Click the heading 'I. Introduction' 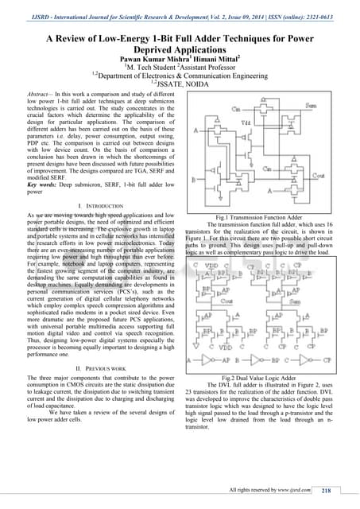95,182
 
